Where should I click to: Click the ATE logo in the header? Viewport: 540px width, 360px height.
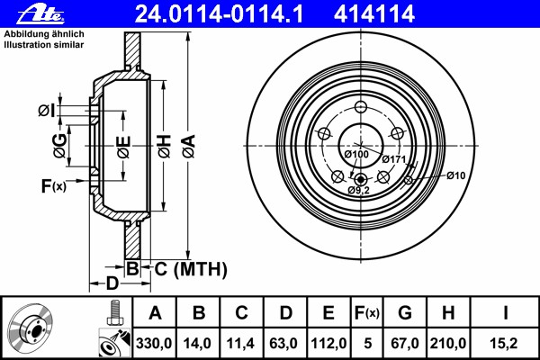(40, 14)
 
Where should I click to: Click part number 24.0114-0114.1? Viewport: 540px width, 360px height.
(219, 14)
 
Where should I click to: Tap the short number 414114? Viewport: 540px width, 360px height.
(374, 14)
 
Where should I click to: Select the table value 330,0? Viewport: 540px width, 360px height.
(154, 344)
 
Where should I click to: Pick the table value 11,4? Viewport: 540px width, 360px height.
(240, 344)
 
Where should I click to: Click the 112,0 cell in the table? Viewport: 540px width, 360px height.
(328, 344)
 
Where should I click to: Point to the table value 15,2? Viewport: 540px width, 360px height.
(504, 344)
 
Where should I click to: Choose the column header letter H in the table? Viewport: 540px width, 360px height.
(448, 313)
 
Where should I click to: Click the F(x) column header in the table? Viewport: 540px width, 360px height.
(367, 313)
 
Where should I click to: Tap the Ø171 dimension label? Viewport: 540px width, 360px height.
(394, 159)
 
